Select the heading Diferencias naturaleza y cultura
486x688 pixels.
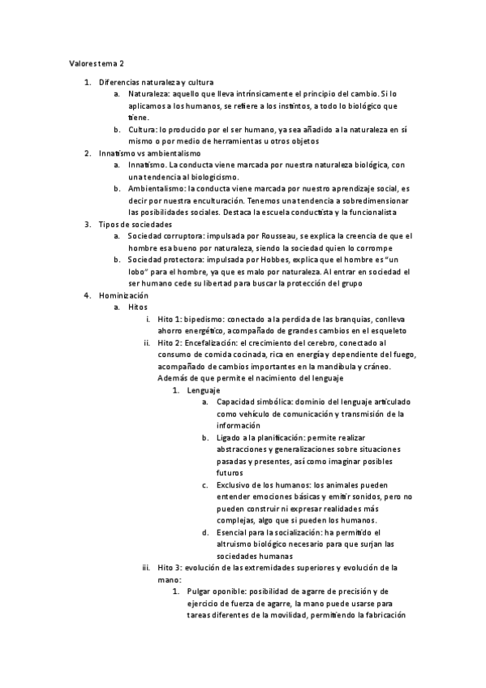coord(156,83)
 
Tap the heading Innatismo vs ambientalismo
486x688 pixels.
coord(149,153)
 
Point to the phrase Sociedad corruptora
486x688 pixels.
coord(167,235)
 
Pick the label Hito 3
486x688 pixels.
coord(170,568)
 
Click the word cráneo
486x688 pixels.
coord(374,367)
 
